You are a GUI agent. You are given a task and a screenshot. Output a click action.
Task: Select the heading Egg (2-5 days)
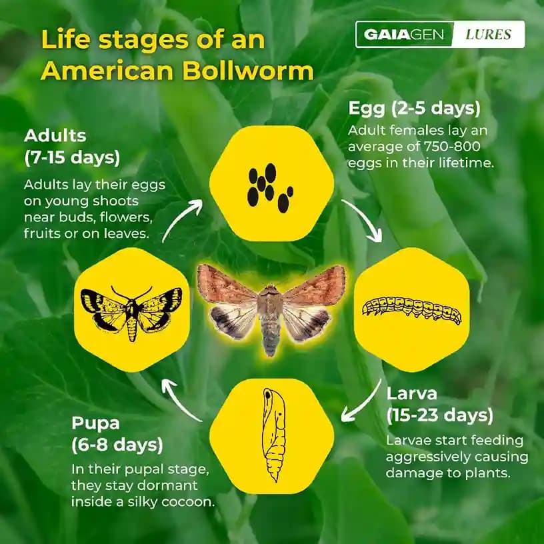(x=414, y=109)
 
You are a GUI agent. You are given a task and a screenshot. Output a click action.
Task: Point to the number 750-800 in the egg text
(x=461, y=147)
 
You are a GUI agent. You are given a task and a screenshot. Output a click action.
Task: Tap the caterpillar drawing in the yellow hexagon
(x=411, y=309)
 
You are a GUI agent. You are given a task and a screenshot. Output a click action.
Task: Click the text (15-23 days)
(x=439, y=415)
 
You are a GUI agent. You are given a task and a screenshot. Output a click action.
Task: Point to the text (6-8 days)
(x=117, y=444)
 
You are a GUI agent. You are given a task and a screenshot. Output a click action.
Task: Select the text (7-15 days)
(x=71, y=159)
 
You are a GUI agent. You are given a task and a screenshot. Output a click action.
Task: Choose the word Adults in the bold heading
(x=55, y=136)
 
